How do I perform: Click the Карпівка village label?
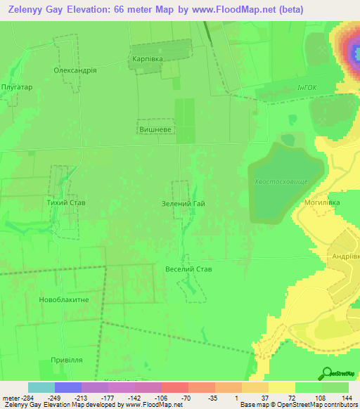(x=148, y=60)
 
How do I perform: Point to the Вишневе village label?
(x=155, y=130)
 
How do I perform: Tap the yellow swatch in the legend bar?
(x=281, y=387)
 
